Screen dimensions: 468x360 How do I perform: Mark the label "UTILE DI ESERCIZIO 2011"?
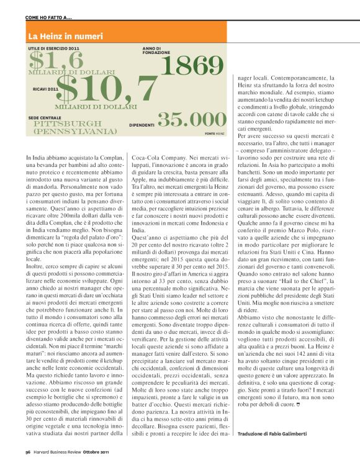point(54,48)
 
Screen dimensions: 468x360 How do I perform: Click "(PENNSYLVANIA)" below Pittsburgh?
point(74,132)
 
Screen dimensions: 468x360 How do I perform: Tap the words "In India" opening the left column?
point(38,160)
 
